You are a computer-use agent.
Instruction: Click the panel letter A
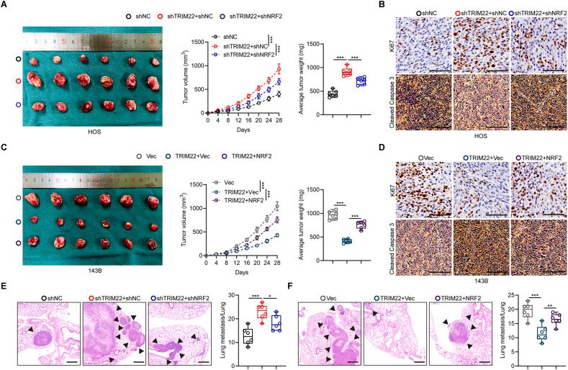(x=4, y=5)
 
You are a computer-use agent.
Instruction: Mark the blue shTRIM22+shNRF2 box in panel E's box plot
(x=274, y=323)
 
